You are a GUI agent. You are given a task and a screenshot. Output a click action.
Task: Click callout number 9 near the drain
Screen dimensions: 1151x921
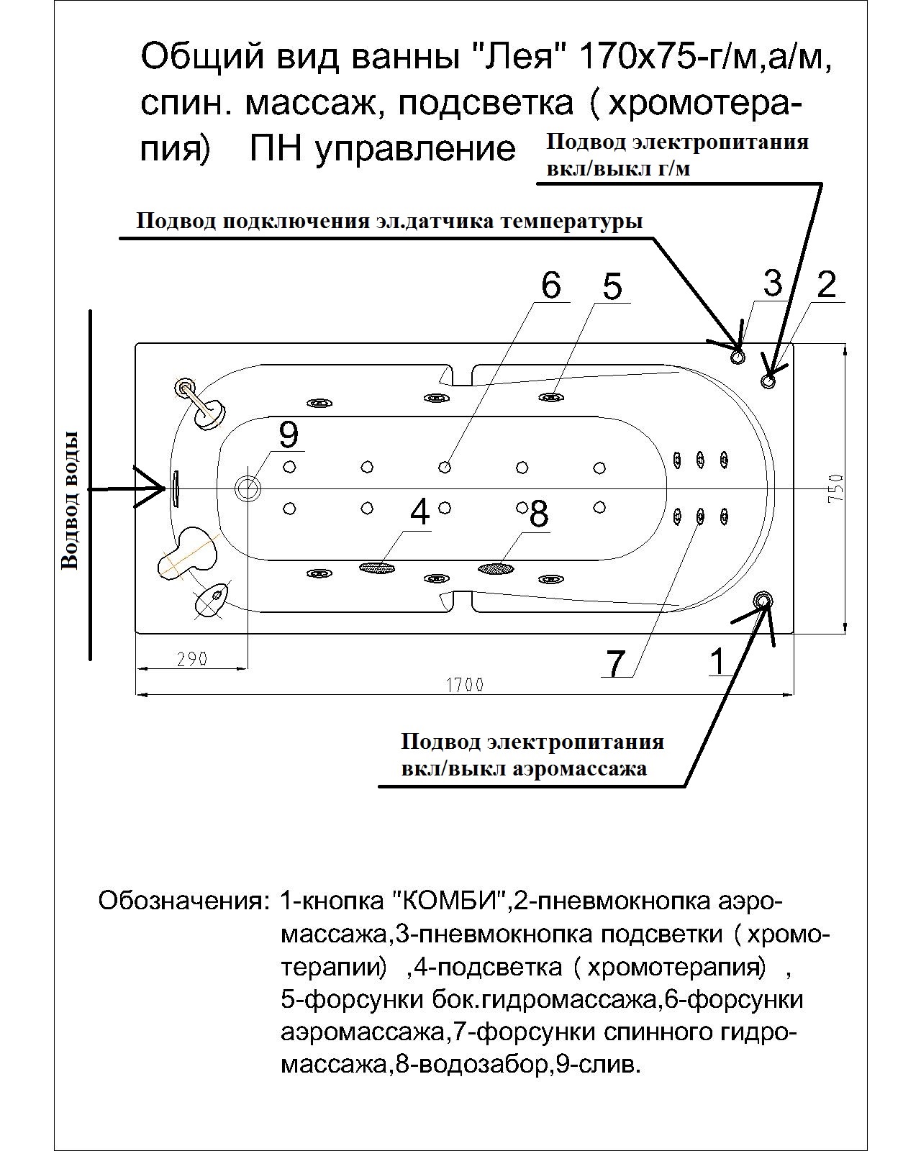point(288,434)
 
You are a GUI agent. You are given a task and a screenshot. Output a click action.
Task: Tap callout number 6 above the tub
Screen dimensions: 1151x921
point(550,286)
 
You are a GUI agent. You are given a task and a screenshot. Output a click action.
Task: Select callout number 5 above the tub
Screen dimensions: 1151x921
point(612,287)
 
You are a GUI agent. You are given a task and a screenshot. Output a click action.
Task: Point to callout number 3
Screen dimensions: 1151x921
point(772,283)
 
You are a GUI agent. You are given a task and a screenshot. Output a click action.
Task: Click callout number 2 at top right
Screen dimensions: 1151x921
point(827,285)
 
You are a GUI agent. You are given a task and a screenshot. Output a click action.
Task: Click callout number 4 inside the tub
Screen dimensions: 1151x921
point(419,512)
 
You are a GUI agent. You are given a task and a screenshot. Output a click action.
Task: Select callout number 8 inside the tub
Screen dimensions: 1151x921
point(538,514)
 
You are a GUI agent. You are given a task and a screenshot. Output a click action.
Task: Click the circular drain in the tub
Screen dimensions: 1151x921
point(249,488)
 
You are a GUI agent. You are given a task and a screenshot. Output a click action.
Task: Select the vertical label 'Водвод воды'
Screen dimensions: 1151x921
point(70,501)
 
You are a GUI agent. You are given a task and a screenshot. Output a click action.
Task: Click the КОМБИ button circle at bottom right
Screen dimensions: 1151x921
point(762,600)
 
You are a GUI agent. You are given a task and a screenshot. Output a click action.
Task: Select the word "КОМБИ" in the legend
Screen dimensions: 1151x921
point(450,901)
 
